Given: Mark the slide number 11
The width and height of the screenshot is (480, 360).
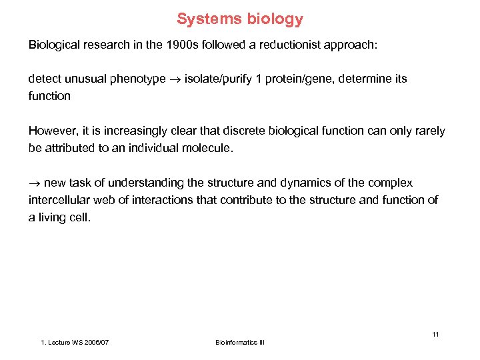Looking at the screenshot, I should [435, 334].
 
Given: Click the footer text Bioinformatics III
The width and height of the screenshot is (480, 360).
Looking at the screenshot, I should [240, 342].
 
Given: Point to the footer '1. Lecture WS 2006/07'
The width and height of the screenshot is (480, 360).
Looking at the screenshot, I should [75, 342].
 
